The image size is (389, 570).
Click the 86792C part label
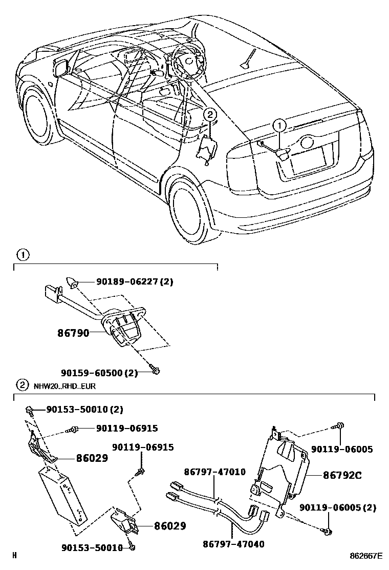pos(342,475)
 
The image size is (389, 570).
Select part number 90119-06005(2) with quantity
pos(338,507)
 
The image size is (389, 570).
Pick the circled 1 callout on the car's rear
pos(279,125)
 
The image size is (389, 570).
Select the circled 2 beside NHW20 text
pos(23,385)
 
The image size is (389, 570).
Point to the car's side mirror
pos(61,68)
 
